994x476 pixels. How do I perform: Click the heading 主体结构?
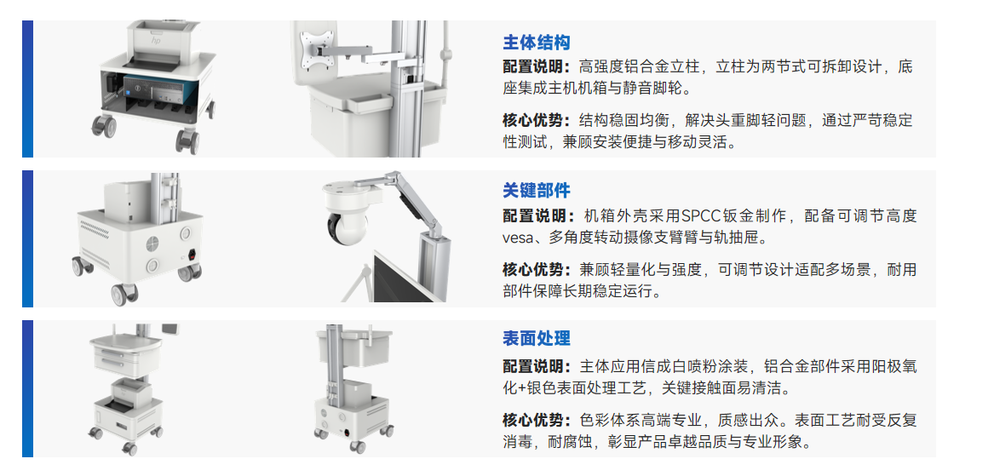point(537,43)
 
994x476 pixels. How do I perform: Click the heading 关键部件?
point(537,190)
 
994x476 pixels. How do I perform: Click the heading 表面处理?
point(537,338)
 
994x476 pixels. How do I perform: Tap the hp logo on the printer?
point(156,39)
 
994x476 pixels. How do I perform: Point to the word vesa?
point(516,238)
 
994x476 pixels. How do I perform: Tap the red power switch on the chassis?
point(188,257)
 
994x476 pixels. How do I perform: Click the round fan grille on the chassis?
point(153,244)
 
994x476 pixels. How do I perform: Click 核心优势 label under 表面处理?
point(537,420)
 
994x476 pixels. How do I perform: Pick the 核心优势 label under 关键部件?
point(537,269)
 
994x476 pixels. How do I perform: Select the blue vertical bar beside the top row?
point(27,89)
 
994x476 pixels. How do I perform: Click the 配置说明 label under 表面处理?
point(537,366)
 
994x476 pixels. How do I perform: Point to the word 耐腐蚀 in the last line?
point(572,442)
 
